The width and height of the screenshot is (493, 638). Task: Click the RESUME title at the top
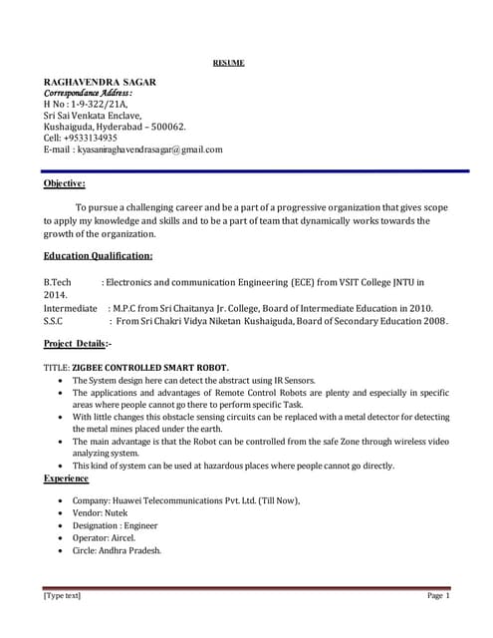click(x=228, y=63)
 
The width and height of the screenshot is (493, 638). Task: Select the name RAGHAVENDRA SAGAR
click(x=100, y=80)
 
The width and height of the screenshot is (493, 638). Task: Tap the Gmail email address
click(x=149, y=150)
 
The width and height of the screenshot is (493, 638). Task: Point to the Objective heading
click(x=64, y=183)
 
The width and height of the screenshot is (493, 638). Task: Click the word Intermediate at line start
click(x=70, y=309)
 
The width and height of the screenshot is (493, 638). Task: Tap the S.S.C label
click(x=54, y=322)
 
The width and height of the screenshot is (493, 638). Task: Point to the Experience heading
click(x=66, y=478)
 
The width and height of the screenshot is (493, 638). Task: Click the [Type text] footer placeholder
click(x=62, y=596)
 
